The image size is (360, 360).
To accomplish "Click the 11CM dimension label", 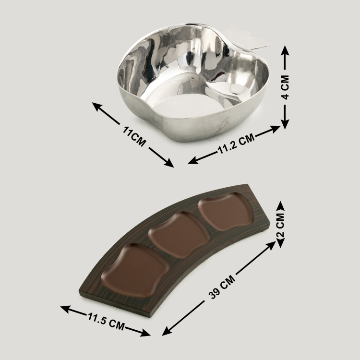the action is [134, 136].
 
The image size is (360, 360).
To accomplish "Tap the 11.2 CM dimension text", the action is [236, 144].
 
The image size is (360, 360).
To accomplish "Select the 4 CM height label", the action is [285, 87].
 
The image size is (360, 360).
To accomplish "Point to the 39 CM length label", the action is [222, 287].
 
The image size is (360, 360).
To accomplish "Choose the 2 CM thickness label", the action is [280, 225].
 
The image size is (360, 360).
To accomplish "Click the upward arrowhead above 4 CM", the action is [285, 50].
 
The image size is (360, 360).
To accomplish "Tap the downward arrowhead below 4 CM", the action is [285, 124].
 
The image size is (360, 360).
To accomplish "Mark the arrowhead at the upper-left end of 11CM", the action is [97, 107].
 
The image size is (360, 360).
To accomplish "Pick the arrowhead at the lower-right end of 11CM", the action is [168, 163].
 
